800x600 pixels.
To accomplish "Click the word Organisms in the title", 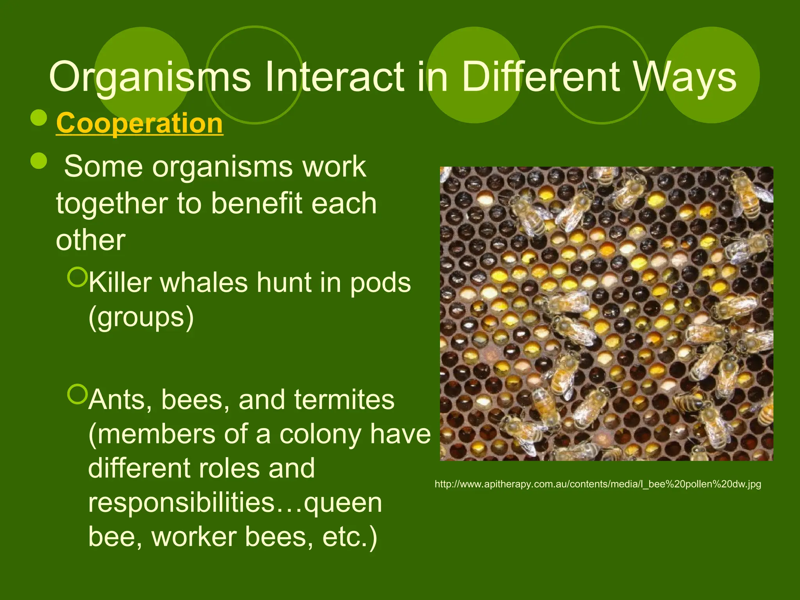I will pos(150,78).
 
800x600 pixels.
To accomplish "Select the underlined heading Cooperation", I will pos(139,123).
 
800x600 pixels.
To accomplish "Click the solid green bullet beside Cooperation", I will pos(39,118).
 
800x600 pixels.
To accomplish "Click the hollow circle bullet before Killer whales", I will pos(77,277).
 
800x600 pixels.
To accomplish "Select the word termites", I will pos(344,400).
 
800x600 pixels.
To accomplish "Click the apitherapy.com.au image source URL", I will pos(598,484).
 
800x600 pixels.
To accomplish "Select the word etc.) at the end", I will pos(350,537).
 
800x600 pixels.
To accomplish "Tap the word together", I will pos(112,204).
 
